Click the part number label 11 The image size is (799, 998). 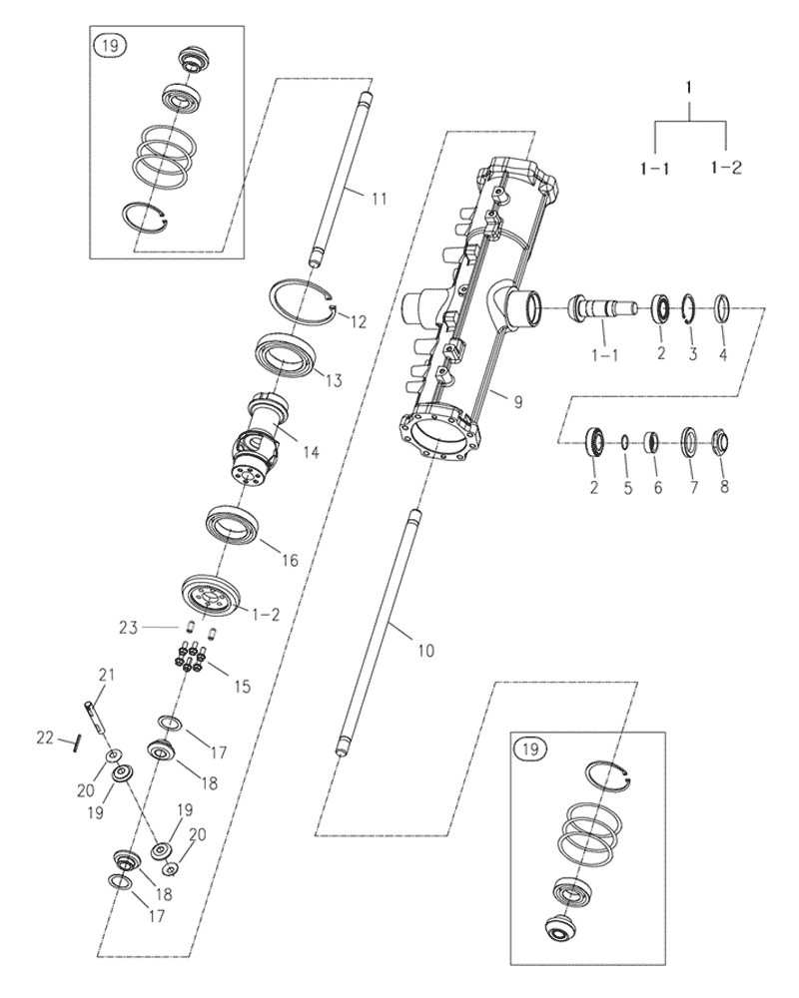[379, 200]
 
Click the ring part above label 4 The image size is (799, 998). [725, 305]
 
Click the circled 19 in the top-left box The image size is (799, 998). [106, 44]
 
